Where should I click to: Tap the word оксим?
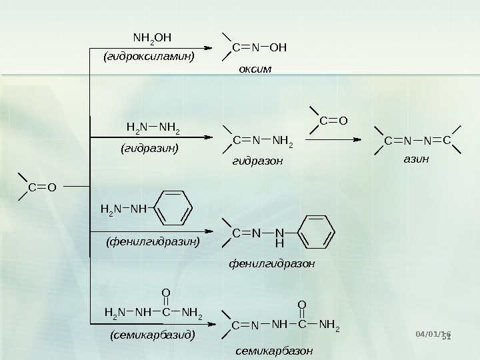(x=256, y=69)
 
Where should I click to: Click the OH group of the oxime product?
(x=280, y=48)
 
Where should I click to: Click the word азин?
(x=417, y=160)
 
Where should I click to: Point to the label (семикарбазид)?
(x=152, y=335)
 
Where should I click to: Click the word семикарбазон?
(x=271, y=350)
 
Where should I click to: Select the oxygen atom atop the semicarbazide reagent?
(x=166, y=291)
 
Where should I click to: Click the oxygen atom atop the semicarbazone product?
(x=302, y=305)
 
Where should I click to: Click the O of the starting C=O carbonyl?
(x=51, y=189)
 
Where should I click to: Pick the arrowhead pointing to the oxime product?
(x=215, y=47)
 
